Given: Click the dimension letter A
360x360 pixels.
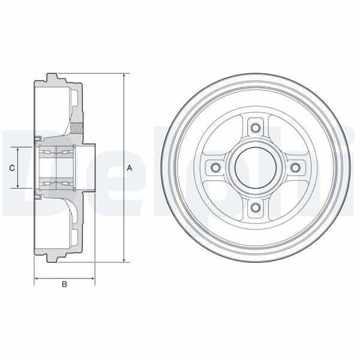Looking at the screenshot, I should pos(130,169).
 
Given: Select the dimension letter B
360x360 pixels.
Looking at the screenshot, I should pos(64,284).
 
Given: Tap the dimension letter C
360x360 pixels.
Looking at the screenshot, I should pos(12,169).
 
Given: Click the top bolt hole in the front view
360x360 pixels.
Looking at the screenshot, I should pos(256,128).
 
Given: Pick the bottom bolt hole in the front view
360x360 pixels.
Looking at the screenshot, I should pos(256,208).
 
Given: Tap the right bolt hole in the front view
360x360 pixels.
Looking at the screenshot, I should pos(296,168).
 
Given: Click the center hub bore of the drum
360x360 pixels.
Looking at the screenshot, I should pos(256,168).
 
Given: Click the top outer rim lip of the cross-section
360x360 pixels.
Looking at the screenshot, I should pos(53,76).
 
